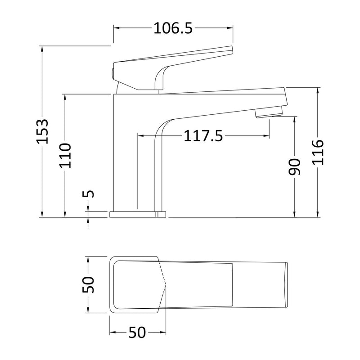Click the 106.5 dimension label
click(173, 28)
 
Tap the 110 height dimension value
click(66, 155)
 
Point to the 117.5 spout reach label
click(203, 135)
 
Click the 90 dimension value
click(294, 167)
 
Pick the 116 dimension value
click(318, 153)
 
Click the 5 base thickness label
click(89, 194)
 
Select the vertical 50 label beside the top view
click(89, 284)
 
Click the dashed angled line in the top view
click(163, 285)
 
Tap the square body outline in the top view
click(135, 285)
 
